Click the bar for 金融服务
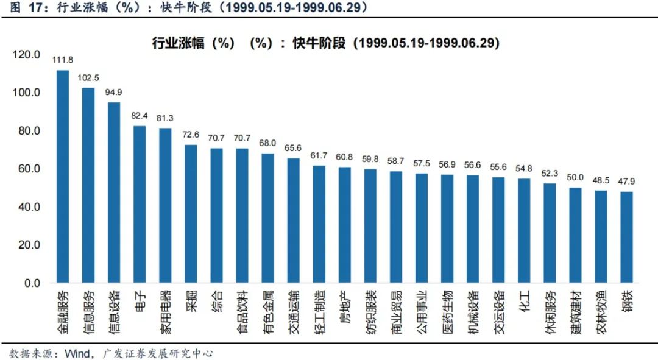point(63,177)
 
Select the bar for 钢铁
point(627,238)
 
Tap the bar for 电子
point(140,205)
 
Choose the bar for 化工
point(524,231)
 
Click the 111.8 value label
point(63,60)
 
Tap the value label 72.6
point(191,134)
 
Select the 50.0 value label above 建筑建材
point(575,177)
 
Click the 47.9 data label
point(627,181)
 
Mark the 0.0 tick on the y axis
point(32,283)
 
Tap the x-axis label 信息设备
point(114,311)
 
